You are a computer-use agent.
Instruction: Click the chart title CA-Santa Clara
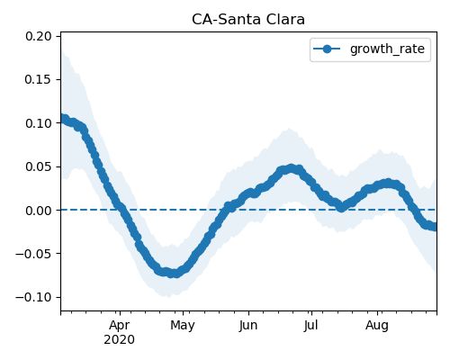pos(248,20)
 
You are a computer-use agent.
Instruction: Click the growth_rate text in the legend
pos(387,49)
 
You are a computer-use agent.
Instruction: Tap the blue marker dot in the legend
pos(327,49)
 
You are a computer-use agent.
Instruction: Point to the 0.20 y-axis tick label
pos(38,36)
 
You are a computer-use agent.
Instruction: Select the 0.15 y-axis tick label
pos(38,79)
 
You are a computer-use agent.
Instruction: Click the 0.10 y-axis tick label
pos(38,123)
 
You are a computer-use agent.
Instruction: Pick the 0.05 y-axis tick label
pos(38,166)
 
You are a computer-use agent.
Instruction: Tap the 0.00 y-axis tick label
pos(38,211)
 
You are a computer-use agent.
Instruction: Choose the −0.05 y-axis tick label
pos(33,254)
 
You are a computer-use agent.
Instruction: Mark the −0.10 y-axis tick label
pos(33,297)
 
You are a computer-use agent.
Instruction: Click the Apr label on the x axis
pos(120,326)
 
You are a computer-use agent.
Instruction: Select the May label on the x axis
pos(183,326)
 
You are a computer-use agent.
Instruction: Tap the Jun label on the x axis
pos(248,326)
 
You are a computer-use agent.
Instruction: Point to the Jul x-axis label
pos(310,326)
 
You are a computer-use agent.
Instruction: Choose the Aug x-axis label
pos(377,326)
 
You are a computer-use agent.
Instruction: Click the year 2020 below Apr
pos(120,340)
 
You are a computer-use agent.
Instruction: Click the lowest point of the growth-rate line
pos(173,274)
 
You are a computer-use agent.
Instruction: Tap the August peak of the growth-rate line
pos(388,184)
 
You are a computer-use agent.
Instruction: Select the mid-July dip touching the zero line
pos(341,207)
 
